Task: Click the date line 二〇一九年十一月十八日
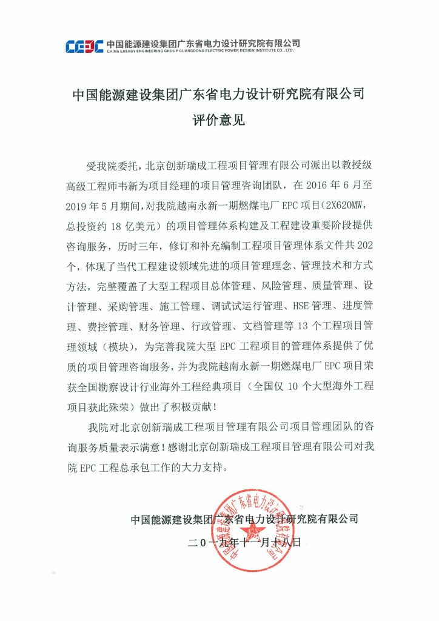tap(244, 542)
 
